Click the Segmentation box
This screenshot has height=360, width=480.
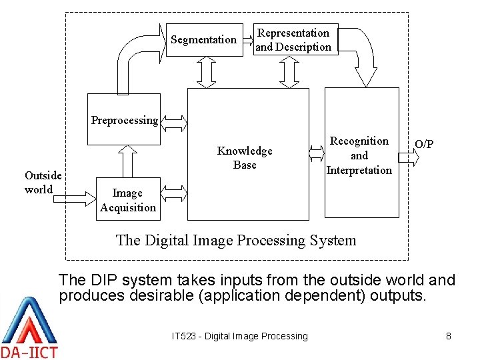tap(204, 40)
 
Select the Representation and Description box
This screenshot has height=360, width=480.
tap(294, 40)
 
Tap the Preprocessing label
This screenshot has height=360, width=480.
tap(125, 121)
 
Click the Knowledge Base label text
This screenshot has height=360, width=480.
tap(245, 158)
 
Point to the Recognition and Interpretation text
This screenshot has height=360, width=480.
tap(359, 155)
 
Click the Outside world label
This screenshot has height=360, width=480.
tap(43, 182)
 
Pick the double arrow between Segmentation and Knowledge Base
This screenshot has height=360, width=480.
tap(205, 72)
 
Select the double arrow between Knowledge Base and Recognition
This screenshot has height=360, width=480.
tap(316, 154)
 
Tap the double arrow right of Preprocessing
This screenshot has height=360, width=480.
tap(175, 122)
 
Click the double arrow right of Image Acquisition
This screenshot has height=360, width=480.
tap(175, 194)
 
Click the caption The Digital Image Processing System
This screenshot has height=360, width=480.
tap(236, 240)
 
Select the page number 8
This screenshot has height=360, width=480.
tap(449, 336)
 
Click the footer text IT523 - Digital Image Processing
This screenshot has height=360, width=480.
tap(240, 336)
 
